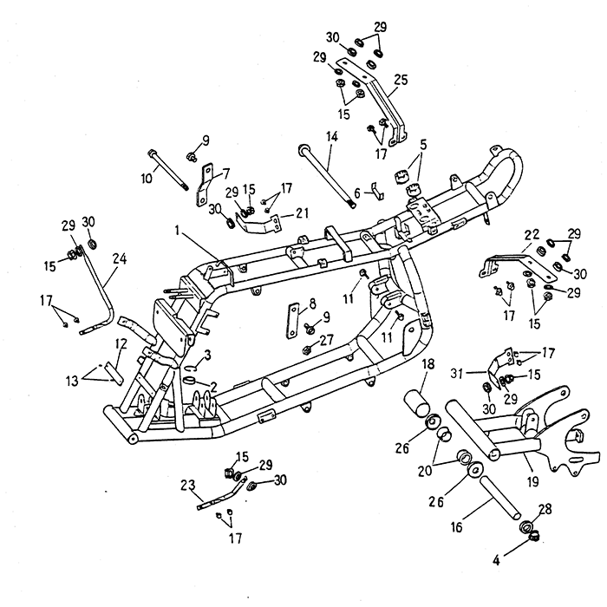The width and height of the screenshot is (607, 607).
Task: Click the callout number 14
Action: [x=331, y=137]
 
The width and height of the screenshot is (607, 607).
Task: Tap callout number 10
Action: [x=147, y=178]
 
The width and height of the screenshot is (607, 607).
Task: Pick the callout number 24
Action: [x=119, y=258]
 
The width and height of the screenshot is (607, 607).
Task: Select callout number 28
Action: [x=544, y=508]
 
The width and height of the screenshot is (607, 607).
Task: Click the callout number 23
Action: [x=186, y=485]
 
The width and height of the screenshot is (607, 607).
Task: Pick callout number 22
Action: [x=531, y=235]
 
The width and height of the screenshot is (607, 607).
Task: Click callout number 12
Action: [x=121, y=344]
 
